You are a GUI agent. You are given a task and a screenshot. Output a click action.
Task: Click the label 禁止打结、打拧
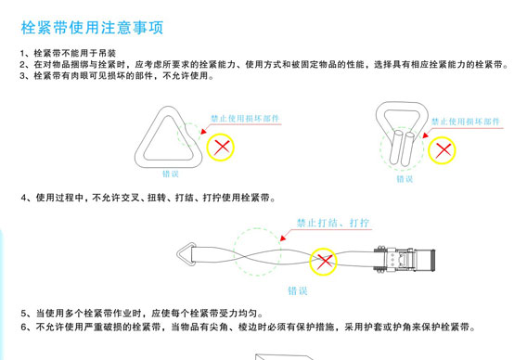click(331, 224)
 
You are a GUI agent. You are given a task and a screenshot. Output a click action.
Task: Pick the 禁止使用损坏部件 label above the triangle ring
click(244, 120)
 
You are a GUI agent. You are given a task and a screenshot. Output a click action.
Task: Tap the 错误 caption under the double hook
click(404, 178)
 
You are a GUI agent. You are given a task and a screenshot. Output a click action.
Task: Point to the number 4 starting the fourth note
click(23, 199)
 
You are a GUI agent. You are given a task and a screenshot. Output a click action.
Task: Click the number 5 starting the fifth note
click(23, 314)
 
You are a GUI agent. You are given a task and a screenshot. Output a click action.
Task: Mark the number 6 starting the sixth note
click(23, 328)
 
